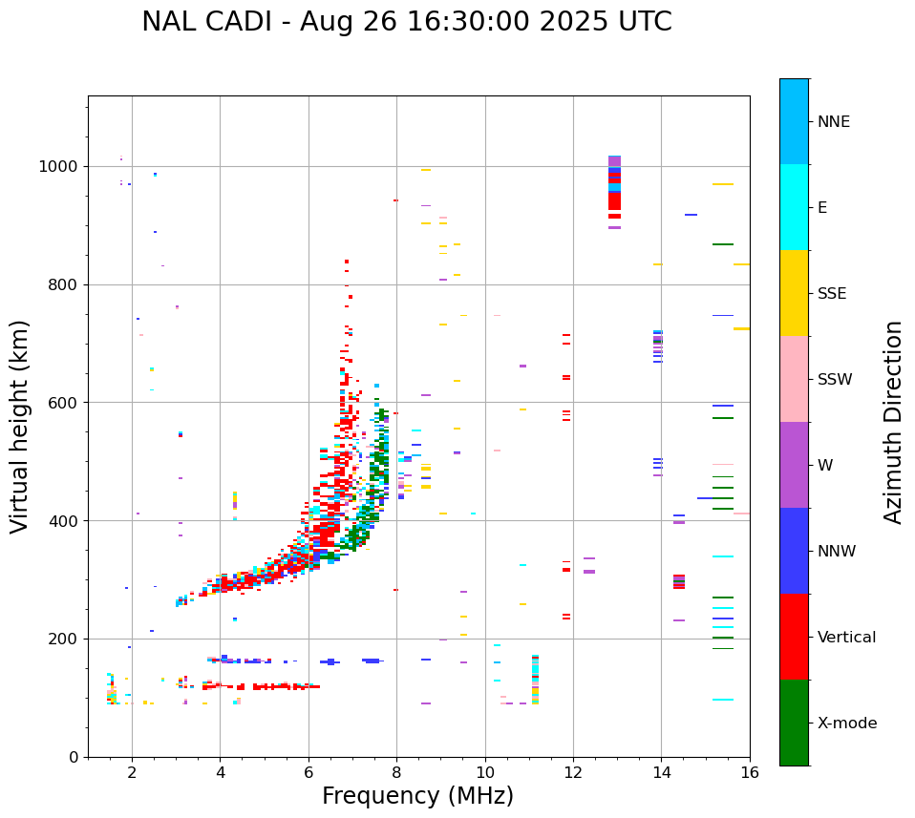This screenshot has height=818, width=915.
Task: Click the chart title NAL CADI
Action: [x=406, y=22]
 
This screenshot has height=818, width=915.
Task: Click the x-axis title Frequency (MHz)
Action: [x=417, y=796]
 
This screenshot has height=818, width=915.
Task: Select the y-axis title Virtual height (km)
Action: [x=20, y=426]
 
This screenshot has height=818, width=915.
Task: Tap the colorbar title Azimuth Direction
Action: [x=893, y=422]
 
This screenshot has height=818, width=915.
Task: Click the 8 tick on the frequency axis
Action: [x=396, y=771]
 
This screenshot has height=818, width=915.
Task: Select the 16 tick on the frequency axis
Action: [x=750, y=771]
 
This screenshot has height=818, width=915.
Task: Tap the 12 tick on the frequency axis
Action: [x=573, y=771]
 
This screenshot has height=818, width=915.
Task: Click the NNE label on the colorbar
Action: [x=833, y=122]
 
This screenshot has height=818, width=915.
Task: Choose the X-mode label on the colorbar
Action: [x=846, y=724]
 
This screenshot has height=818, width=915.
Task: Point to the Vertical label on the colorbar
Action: [x=846, y=638]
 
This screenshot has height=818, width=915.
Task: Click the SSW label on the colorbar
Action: [x=835, y=380]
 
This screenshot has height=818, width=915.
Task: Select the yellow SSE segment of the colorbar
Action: [x=794, y=293]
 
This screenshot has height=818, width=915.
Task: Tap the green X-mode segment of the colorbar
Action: [x=794, y=723]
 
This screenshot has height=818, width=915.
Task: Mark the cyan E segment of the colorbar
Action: [x=794, y=207]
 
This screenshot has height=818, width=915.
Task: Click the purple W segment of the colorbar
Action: [x=794, y=465]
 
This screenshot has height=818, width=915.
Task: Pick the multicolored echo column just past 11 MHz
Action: [x=535, y=680]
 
